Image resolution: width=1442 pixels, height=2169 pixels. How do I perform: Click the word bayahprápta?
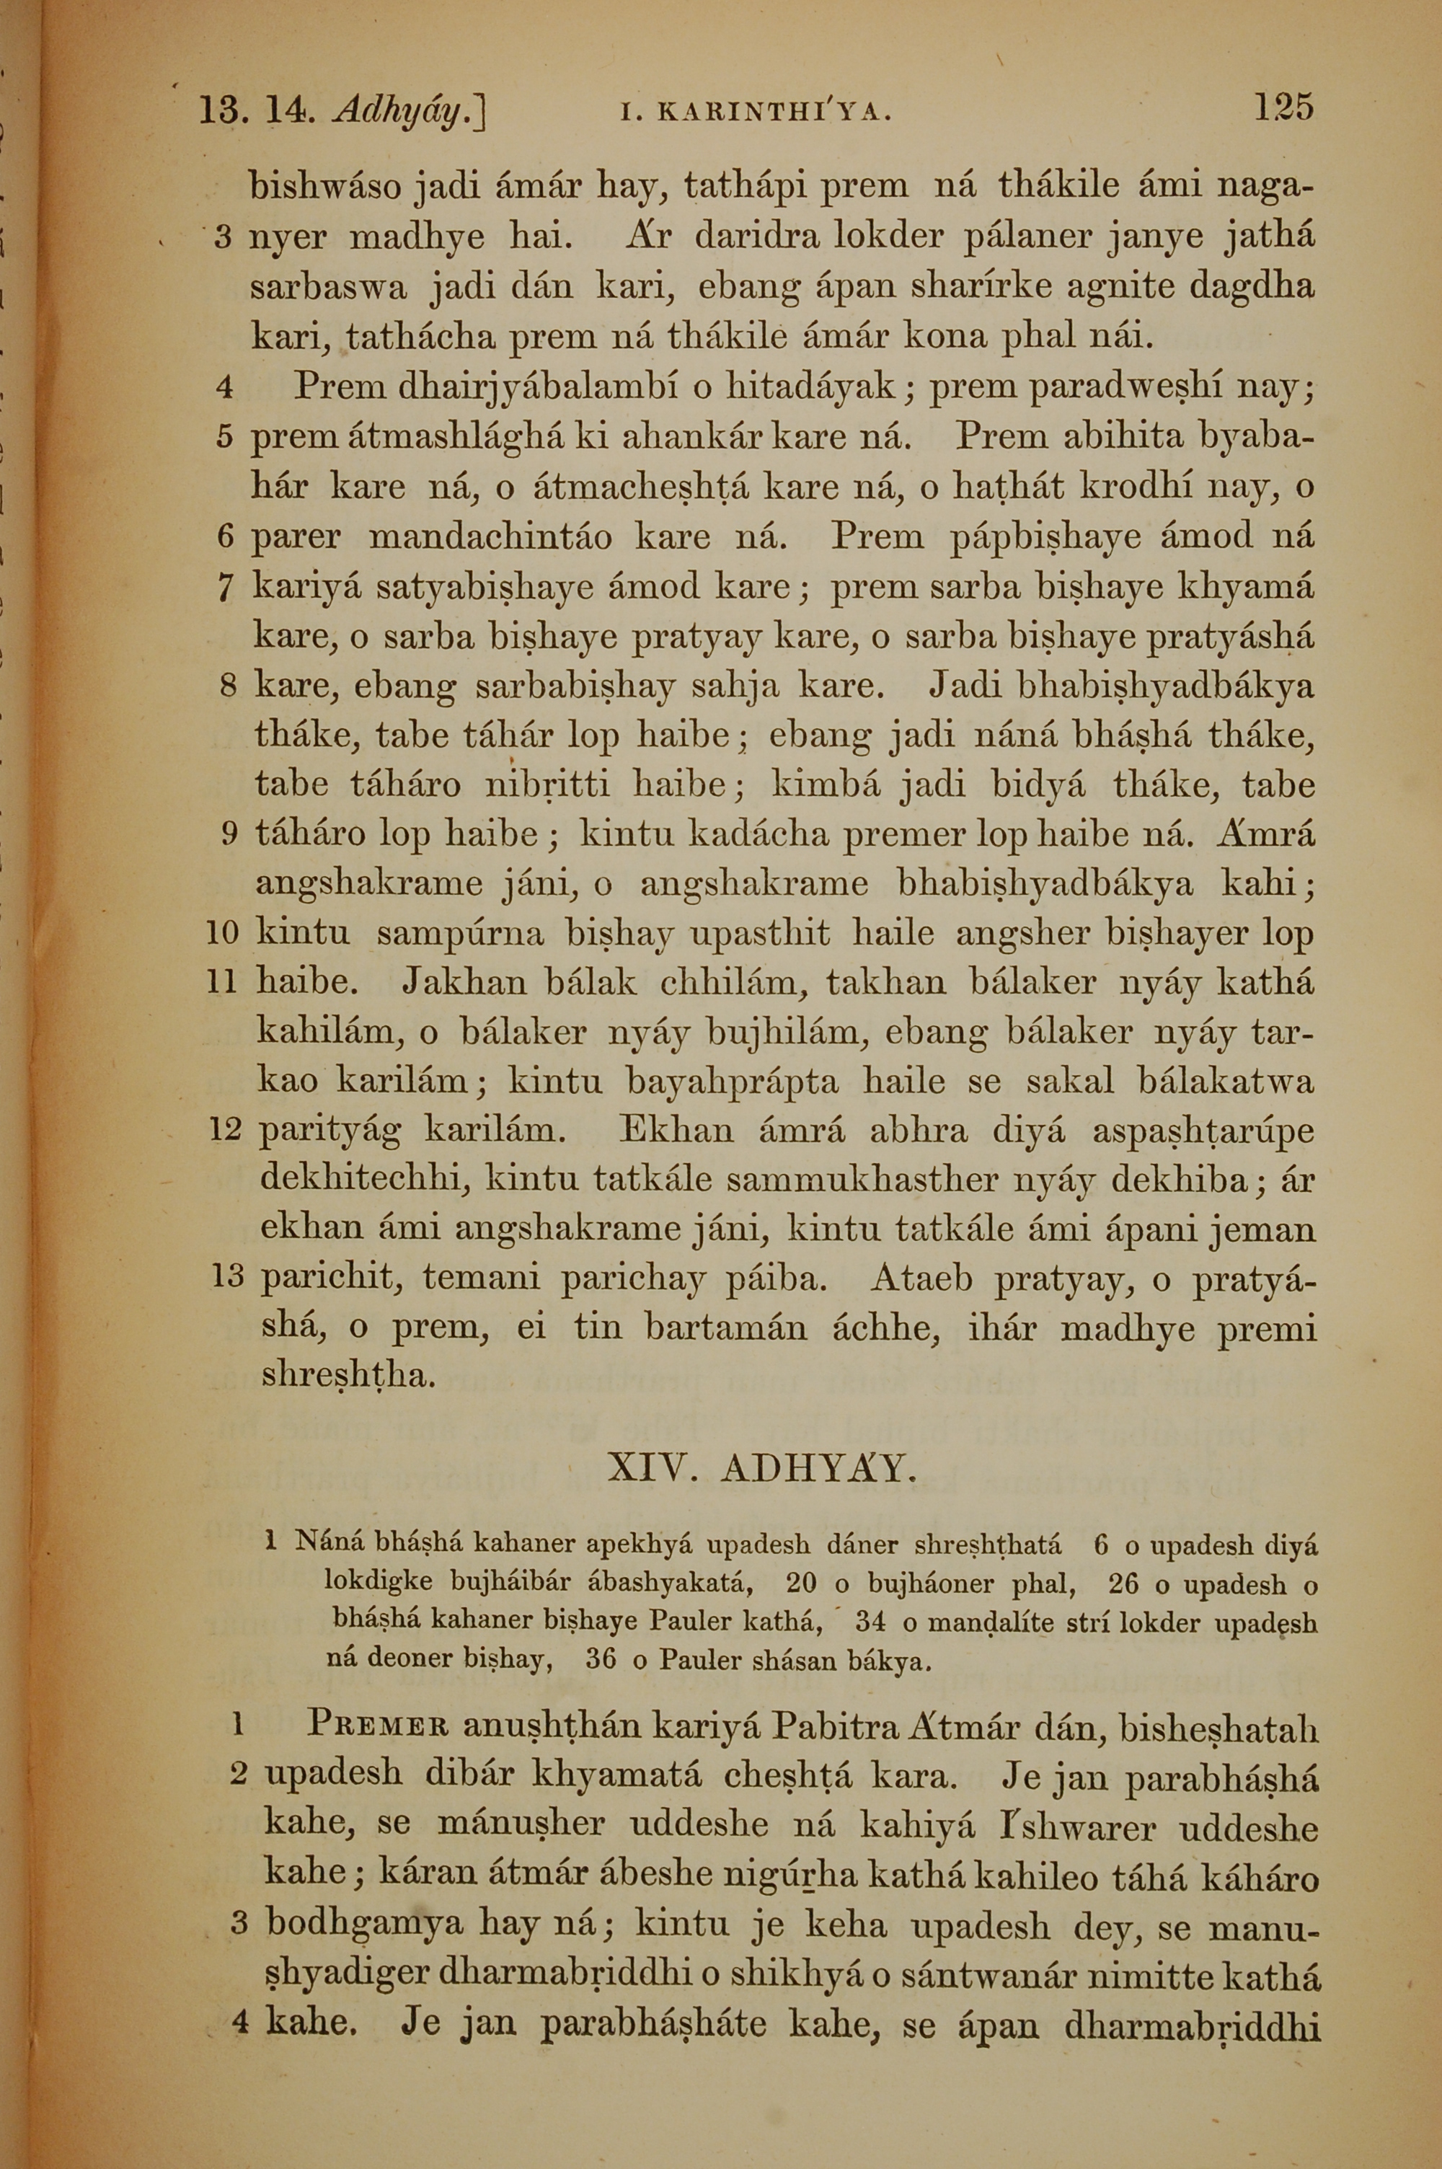point(733,1082)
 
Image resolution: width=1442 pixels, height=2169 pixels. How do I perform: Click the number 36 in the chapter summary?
point(601,1661)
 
